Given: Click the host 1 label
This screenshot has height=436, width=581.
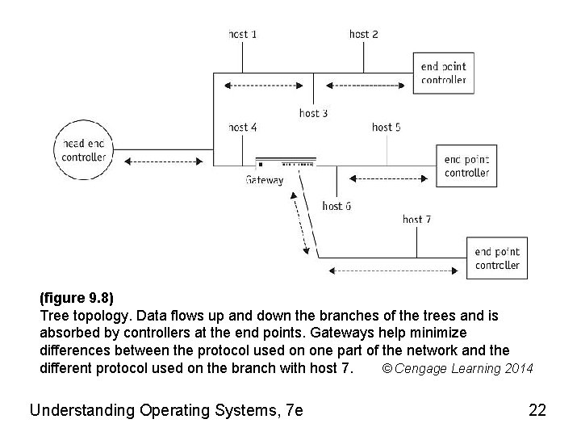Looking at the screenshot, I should [243, 34].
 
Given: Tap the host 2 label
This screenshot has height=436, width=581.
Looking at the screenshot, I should [364, 34].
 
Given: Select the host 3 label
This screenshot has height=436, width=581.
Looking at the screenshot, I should [313, 113].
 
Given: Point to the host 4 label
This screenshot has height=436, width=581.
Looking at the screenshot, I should [243, 127].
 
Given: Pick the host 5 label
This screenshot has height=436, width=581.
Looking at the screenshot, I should [387, 127].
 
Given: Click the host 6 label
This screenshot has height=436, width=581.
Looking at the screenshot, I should [336, 206].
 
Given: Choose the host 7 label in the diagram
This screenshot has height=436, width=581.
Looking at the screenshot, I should [417, 219].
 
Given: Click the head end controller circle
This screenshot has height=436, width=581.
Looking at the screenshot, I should [84, 150].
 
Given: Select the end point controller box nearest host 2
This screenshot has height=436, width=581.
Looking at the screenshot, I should [443, 73].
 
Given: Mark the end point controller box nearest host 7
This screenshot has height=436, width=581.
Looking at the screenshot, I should [497, 258].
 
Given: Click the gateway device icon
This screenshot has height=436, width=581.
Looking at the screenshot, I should [284, 164].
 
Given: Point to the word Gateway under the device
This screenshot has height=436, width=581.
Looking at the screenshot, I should [265, 180].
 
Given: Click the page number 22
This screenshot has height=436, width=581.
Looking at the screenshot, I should [537, 410].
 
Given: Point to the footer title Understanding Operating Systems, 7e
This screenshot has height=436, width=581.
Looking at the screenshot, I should [166, 410].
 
